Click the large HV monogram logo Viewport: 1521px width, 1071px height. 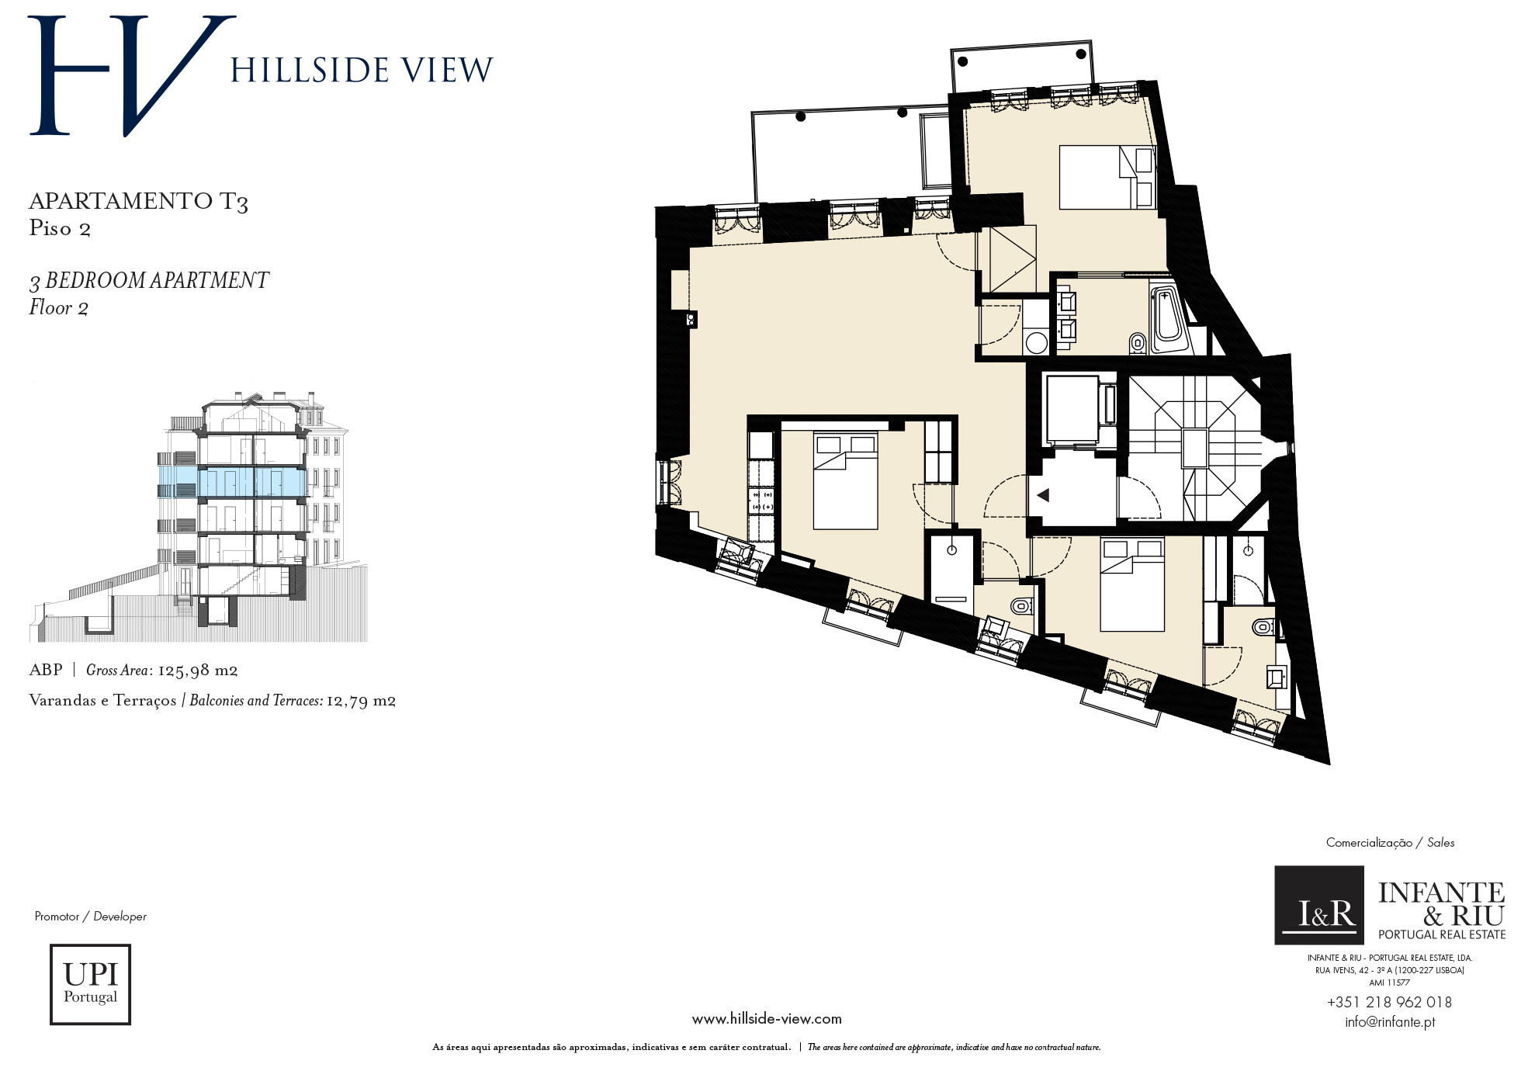[132, 75]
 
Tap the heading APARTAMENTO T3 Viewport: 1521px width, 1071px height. [138, 202]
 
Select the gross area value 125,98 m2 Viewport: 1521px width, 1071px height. [197, 671]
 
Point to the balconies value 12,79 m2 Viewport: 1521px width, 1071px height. [361, 701]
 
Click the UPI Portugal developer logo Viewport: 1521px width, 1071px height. [90, 984]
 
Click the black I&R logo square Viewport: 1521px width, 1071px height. [1319, 905]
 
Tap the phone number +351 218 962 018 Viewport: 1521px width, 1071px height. [1389, 1002]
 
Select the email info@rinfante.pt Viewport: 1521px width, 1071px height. [1390, 1022]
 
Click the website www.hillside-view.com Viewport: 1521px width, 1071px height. [767, 1019]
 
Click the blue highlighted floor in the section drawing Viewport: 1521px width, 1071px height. [231, 482]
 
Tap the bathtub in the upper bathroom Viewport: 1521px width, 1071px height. [1168, 321]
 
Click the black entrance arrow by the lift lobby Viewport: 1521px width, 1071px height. [1043, 494]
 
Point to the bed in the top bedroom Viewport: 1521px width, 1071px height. [1108, 178]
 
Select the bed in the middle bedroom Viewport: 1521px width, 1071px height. [846, 481]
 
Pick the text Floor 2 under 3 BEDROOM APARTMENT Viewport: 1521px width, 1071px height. [59, 308]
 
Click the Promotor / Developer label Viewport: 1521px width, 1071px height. [91, 917]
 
